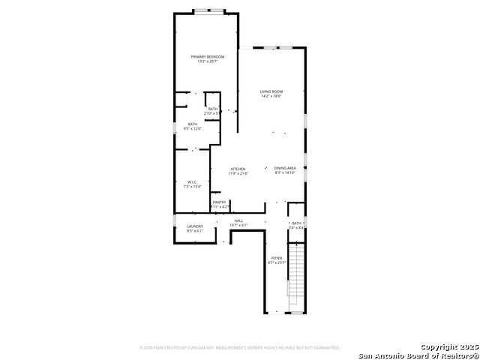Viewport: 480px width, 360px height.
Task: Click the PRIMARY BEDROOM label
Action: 207,57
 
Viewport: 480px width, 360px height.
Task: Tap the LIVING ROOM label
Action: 271,91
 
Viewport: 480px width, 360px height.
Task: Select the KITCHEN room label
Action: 238,169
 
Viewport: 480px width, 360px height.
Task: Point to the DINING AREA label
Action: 285,168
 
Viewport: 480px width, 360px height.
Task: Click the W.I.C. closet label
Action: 192,182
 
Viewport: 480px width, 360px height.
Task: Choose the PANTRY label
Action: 219,202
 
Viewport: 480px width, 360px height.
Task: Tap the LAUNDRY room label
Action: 195,226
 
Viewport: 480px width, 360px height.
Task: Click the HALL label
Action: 238,220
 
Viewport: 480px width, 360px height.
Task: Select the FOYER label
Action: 277,258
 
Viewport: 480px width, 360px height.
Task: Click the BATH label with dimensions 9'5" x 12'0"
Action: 193,124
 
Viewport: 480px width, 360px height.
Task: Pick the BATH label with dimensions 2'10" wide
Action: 213,109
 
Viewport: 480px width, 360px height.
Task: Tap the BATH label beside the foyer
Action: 296,223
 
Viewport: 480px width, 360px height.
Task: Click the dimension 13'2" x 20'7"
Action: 207,61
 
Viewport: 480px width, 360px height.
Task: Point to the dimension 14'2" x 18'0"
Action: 271,96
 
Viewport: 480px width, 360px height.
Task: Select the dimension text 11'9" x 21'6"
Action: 238,173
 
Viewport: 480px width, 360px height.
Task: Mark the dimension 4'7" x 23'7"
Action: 277,262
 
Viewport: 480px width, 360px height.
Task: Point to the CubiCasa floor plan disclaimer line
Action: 240,347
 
